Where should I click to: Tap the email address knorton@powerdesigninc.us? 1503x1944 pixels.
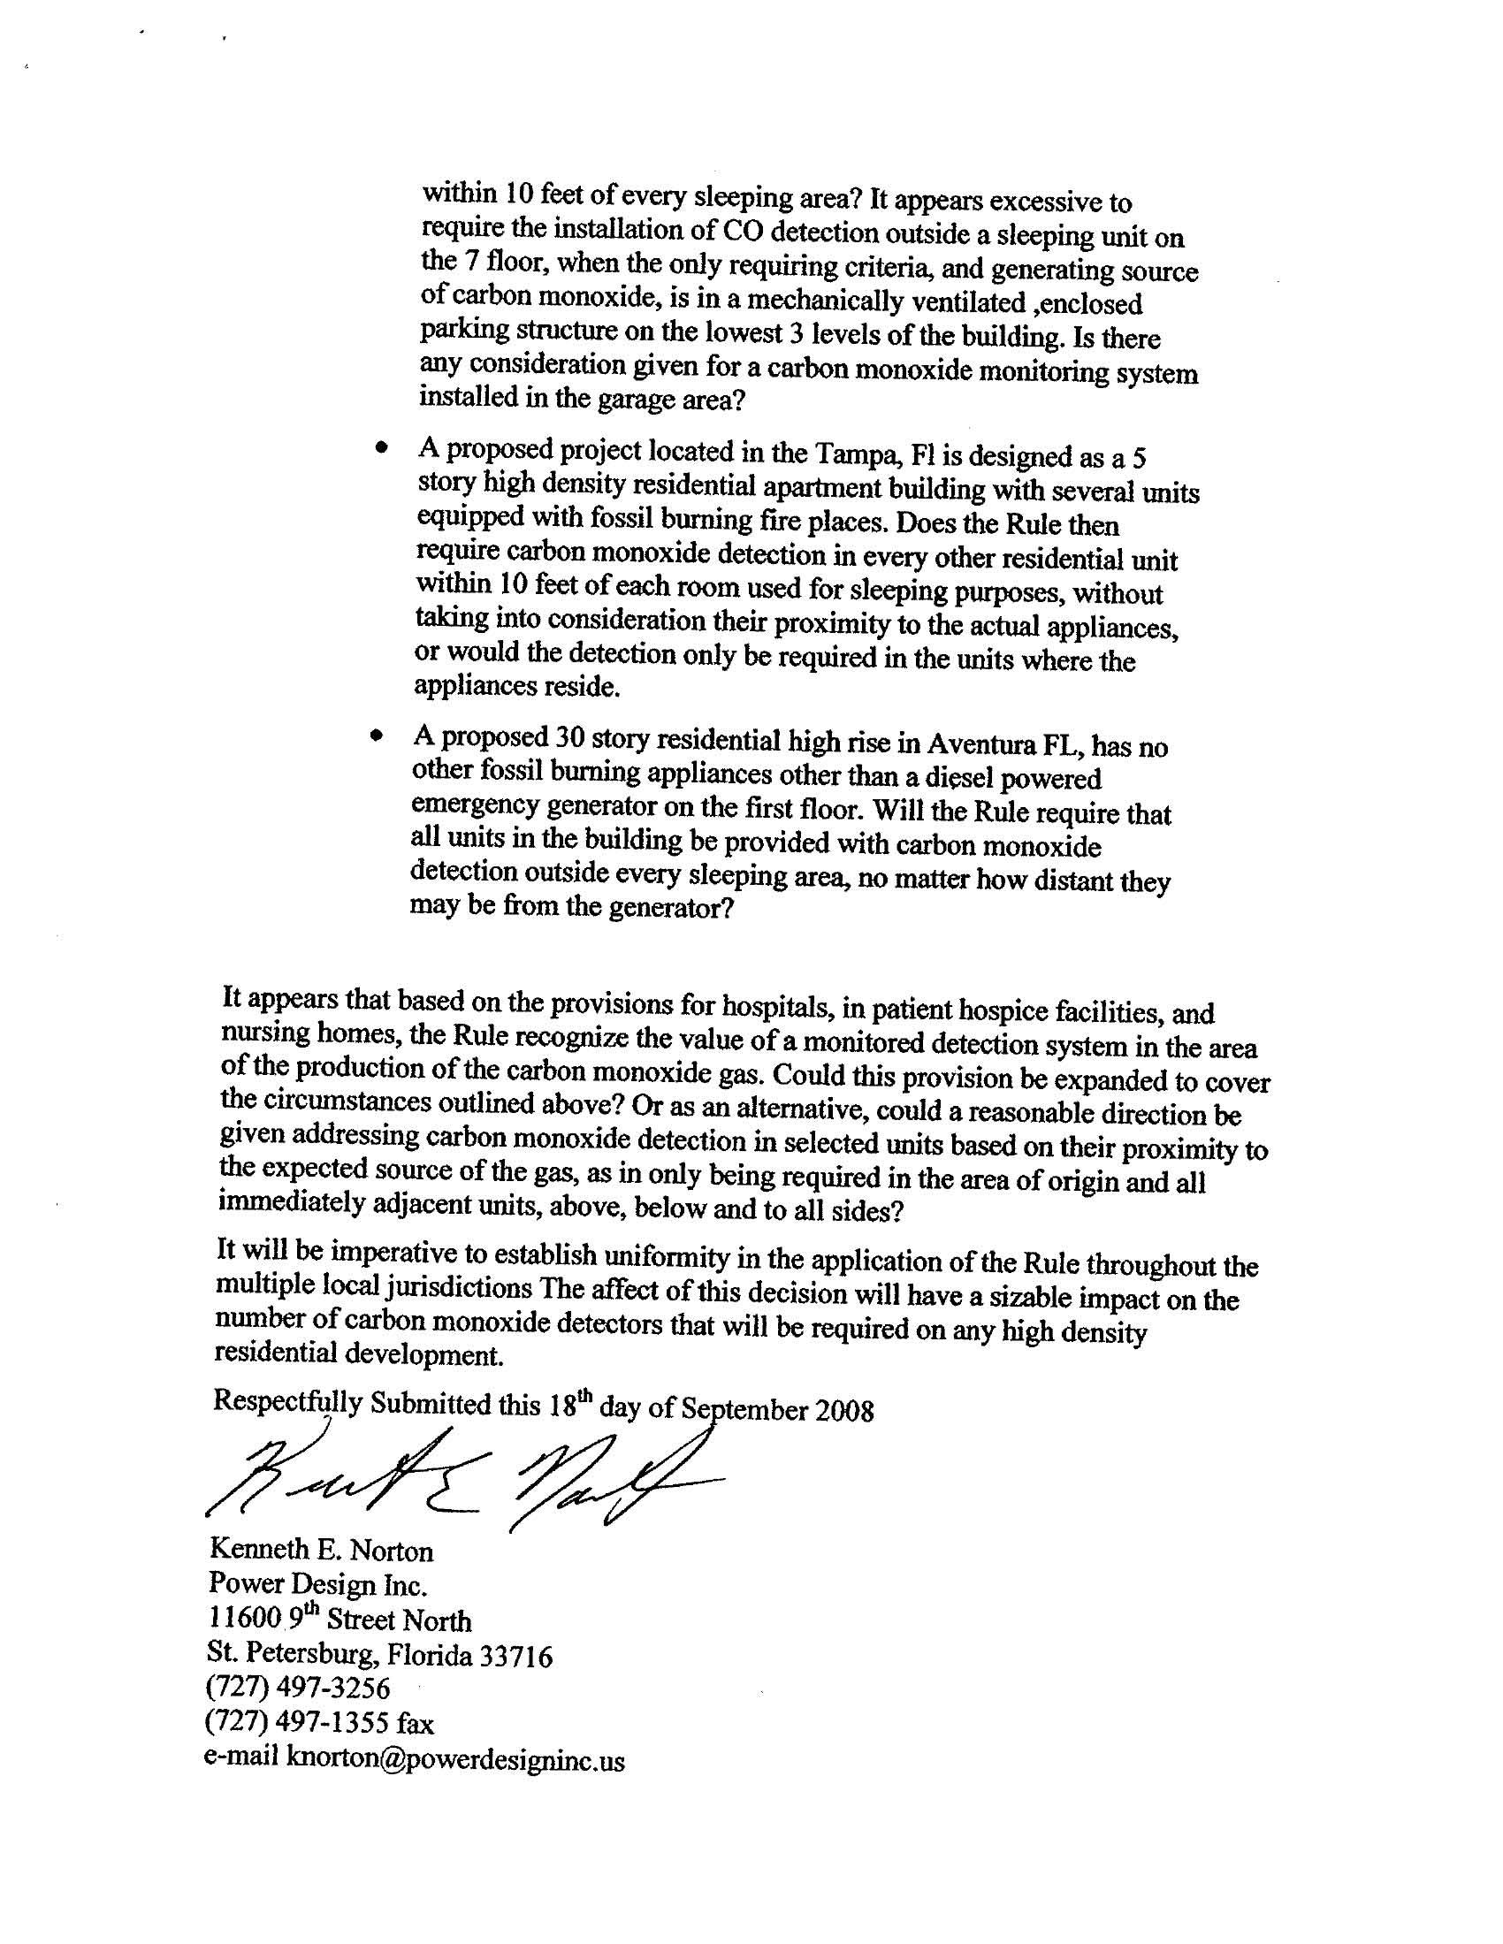[454, 1761]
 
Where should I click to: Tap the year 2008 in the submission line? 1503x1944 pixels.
[844, 1412]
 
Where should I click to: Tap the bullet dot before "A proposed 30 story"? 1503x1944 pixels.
[378, 736]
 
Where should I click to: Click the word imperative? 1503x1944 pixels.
[404, 1254]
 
